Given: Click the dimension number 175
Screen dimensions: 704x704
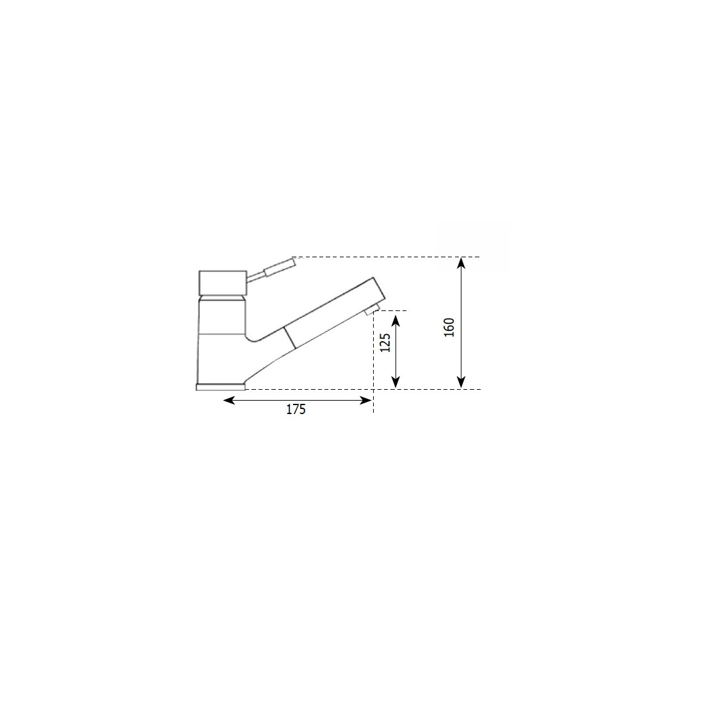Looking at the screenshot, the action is [296, 410].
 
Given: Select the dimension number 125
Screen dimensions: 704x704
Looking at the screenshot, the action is [385, 342].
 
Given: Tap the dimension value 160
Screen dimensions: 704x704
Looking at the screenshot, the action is [449, 327].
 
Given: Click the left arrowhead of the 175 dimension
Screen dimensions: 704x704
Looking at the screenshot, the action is [229, 400].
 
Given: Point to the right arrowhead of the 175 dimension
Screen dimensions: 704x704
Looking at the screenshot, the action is [366, 400].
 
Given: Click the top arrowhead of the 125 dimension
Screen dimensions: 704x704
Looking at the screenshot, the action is [395, 321].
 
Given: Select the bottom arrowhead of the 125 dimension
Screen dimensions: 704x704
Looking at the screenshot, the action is [395, 382].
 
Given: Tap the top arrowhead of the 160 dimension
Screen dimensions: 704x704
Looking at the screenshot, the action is [461, 263].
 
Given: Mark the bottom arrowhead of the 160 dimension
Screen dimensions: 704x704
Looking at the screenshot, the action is [461, 382].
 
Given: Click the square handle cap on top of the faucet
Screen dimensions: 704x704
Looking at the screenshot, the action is [223, 282].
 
